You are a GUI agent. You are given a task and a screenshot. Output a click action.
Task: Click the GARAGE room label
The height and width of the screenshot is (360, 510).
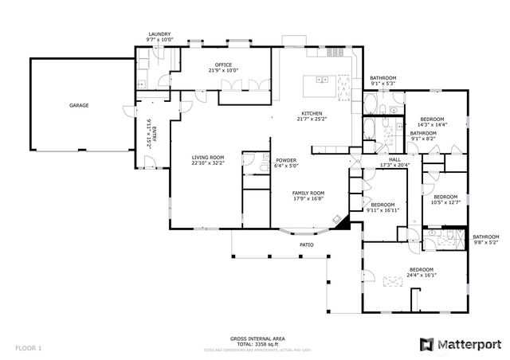pyautogui.click(x=78, y=105)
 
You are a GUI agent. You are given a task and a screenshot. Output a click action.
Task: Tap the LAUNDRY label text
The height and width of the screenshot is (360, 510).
pyautogui.click(x=159, y=34)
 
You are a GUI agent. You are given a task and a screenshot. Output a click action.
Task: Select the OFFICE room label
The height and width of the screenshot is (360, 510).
pyautogui.click(x=223, y=64)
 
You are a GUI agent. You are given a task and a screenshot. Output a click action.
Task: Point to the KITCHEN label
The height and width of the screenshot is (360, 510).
pyautogui.click(x=312, y=112)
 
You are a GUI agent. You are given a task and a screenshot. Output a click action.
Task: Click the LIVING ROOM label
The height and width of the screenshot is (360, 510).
pyautogui.click(x=207, y=158)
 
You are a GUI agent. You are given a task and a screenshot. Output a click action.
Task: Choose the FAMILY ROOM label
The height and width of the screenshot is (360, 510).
pyautogui.click(x=308, y=193)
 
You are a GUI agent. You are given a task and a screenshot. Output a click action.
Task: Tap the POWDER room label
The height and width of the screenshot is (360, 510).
pyautogui.click(x=285, y=160)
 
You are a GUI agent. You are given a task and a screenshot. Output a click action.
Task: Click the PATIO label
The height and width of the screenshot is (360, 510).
pyautogui.click(x=306, y=245)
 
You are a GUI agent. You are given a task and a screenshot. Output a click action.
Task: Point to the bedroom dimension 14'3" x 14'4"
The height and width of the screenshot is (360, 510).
pyautogui.click(x=432, y=124)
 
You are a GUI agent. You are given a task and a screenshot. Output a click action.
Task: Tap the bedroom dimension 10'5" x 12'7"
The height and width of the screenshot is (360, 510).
pyautogui.click(x=445, y=202)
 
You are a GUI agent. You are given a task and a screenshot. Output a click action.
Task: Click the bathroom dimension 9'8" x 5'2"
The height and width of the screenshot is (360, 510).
pyautogui.click(x=485, y=242)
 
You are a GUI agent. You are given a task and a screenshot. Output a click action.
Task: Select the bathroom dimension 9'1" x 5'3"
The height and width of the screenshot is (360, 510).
pyautogui.click(x=382, y=84)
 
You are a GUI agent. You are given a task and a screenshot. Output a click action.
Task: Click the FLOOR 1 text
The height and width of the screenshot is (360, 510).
pyautogui.click(x=28, y=348)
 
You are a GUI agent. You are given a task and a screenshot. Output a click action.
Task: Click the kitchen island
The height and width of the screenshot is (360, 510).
pyautogui.click(x=324, y=79)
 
